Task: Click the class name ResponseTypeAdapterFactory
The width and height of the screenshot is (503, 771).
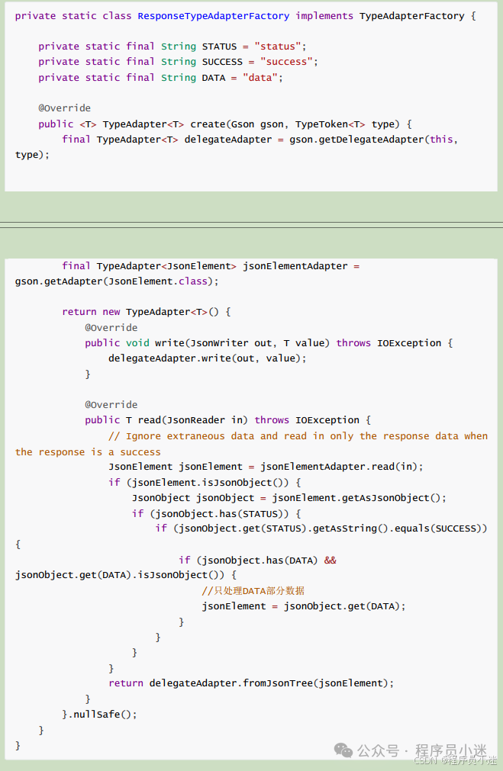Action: (214, 15)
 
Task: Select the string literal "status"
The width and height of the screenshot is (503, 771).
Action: (283, 47)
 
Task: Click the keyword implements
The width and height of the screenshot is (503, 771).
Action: (324, 15)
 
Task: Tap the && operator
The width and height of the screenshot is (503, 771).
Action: (330, 560)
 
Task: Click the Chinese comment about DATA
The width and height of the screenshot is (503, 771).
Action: (253, 590)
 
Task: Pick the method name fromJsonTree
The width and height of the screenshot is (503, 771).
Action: (278, 683)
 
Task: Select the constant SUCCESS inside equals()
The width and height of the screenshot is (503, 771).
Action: (456, 528)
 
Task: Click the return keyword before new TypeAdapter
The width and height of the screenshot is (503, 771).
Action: (79, 312)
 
